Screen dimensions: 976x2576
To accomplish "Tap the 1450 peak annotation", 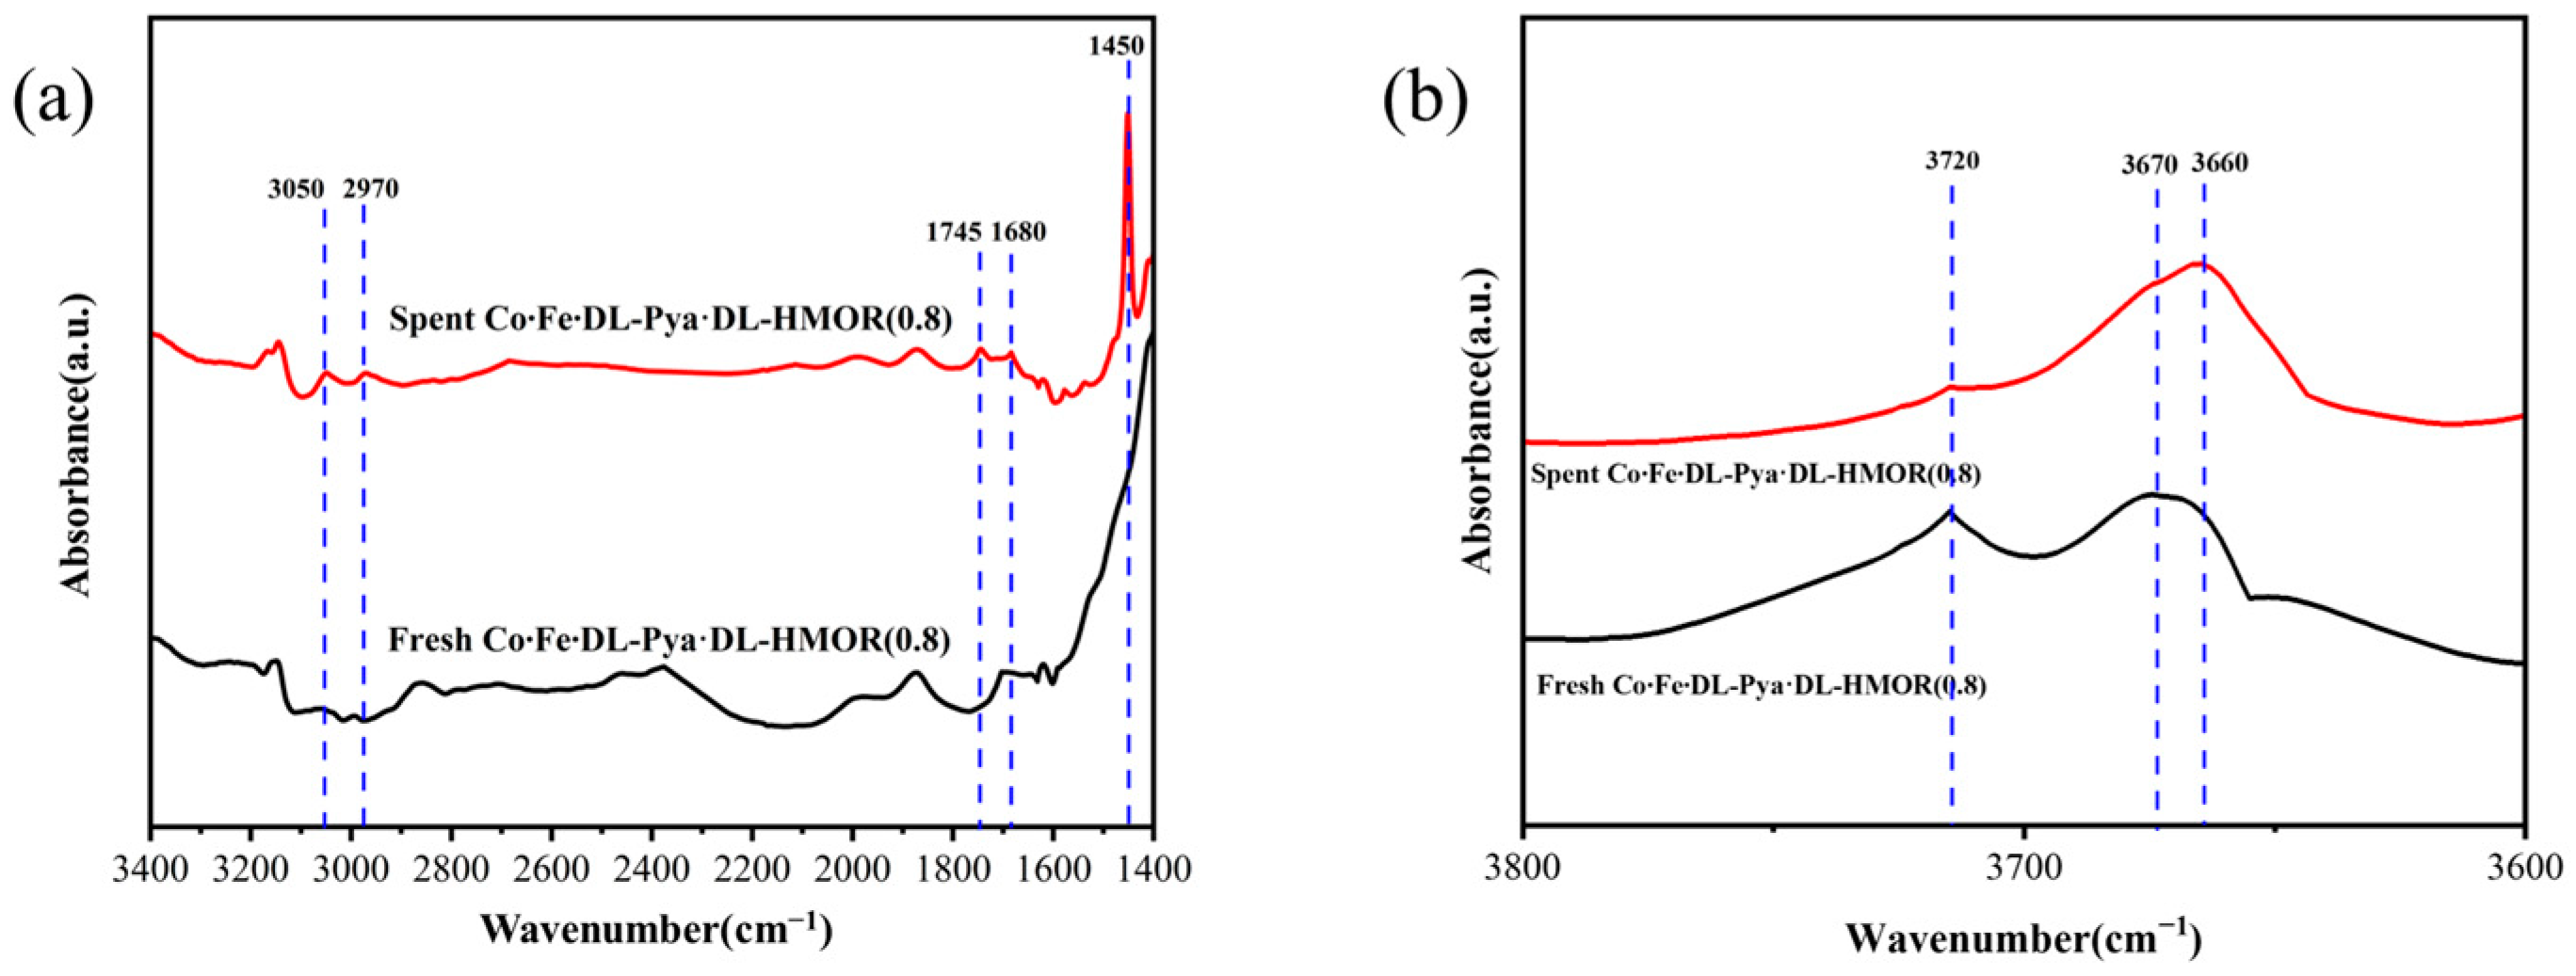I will pyautogui.click(x=1116, y=46).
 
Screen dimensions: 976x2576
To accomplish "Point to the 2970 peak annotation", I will pyautogui.click(x=371, y=190).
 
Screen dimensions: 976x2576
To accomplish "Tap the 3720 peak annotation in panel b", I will pyautogui.click(x=1952, y=160).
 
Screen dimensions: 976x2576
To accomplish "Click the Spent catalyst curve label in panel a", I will pyautogui.click(x=670, y=319).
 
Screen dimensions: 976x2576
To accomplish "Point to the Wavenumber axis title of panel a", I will pyautogui.click(x=655, y=929).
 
